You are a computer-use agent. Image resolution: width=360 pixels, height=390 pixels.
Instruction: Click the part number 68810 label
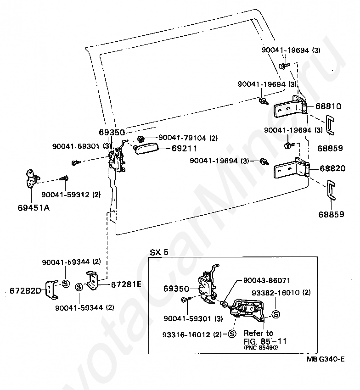coord(328,106)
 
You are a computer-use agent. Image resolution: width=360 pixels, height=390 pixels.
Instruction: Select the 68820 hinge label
coord(332,168)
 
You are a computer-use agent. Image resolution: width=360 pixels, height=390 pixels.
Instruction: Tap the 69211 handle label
coord(184,149)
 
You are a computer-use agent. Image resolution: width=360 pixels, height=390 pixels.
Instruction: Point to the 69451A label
coord(34,207)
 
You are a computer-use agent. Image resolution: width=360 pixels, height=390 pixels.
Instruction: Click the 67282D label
coord(25,290)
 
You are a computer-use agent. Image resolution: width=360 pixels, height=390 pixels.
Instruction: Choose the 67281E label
coord(126,284)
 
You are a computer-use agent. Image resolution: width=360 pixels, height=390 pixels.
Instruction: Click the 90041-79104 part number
coord(182,138)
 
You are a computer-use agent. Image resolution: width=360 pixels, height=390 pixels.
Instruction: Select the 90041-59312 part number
coord(65,195)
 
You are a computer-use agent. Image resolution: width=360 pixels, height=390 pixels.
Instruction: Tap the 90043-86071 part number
coord(267,280)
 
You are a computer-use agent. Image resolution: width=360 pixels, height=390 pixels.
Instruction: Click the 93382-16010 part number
coord(276,293)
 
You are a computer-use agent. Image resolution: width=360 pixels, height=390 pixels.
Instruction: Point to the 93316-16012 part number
coord(186,334)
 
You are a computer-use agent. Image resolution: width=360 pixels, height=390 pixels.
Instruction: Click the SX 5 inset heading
coord(159,252)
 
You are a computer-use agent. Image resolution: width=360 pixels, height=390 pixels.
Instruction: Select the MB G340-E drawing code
coord(326,359)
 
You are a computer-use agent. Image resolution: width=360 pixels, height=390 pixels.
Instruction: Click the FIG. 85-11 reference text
coord(265,341)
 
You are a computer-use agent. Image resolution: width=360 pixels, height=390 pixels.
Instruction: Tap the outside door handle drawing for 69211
coord(146,150)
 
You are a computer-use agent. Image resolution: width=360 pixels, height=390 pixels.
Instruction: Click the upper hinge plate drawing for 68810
coord(290,107)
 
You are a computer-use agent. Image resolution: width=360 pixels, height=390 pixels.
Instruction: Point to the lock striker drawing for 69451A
coord(32,178)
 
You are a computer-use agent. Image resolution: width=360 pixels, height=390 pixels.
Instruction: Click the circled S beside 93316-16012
coord(232,334)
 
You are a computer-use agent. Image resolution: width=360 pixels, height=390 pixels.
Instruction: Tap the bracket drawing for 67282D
coord(52,290)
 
